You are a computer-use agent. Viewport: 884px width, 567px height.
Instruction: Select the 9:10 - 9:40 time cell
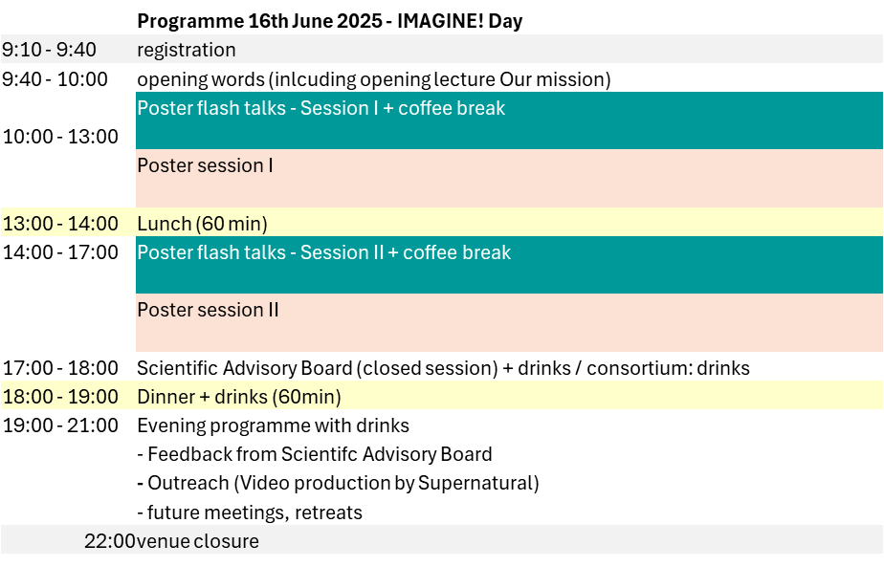49,50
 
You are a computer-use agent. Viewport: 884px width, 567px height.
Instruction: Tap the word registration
187,50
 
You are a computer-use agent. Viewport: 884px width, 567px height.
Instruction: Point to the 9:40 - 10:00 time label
55,79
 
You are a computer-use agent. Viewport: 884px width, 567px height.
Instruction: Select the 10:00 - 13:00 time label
60,137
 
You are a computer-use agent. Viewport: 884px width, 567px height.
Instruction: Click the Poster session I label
205,165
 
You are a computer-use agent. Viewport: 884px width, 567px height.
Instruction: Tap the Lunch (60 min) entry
203,224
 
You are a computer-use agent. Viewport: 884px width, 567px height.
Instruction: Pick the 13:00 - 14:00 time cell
60,224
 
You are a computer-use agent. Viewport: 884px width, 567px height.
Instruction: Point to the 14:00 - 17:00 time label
60,252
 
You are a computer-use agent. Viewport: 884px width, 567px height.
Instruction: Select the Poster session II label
208,310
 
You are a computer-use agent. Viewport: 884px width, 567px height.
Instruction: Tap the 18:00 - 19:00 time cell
60,397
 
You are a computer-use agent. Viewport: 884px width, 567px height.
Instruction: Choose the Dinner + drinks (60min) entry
239,397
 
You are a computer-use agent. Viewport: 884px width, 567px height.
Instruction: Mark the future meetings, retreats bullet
250,512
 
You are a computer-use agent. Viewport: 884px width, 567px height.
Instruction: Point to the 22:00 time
110,541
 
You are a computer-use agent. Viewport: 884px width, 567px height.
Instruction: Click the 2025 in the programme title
359,21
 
